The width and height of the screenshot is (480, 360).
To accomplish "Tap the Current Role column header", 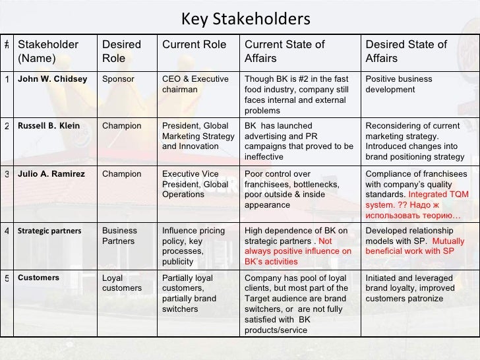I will pyautogui.click(x=193, y=45).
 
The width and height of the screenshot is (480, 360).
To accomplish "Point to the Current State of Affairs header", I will pyautogui.click(x=285, y=51).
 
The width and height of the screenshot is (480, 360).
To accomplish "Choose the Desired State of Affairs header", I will pyautogui.click(x=407, y=51).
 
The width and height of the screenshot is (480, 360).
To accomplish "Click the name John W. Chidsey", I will pyautogui.click(x=53, y=79).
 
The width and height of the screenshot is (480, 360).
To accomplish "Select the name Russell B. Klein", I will pyautogui.click(x=49, y=126).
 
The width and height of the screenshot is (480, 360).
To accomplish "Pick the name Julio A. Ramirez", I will pyautogui.click(x=51, y=174).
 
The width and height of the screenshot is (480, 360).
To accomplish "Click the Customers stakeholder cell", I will pyautogui.click(x=38, y=278).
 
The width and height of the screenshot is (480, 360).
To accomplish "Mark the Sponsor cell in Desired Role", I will pyautogui.click(x=118, y=79).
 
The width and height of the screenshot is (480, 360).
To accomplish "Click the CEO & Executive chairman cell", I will pyautogui.click(x=192, y=84).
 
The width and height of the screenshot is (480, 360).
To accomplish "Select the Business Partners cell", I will pyautogui.click(x=119, y=236).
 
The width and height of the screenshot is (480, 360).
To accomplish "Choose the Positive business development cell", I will pyautogui.click(x=400, y=84).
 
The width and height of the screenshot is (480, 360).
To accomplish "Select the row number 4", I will pyautogui.click(x=6, y=231).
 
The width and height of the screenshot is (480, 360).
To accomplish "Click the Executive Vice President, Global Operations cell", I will pyautogui.click(x=195, y=184).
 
